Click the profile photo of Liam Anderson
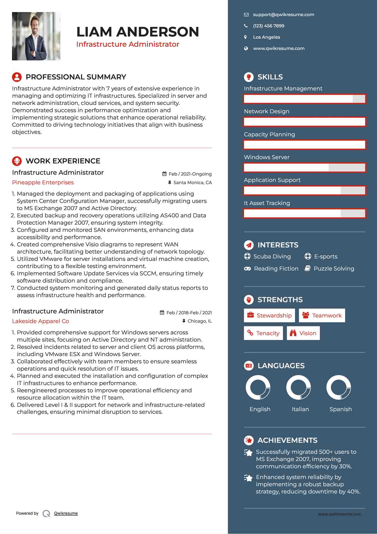(36, 36)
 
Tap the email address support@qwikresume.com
(283, 15)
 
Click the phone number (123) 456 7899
(268, 26)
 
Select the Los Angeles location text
(266, 37)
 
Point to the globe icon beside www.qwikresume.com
(246, 49)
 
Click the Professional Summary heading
(76, 77)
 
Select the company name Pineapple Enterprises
(43, 182)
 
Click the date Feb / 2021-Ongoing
(190, 174)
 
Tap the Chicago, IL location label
(199, 321)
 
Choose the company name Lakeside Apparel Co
(40, 321)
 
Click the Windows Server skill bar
(304, 168)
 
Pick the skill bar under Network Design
(304, 122)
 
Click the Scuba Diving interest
(272, 257)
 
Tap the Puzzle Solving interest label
(334, 269)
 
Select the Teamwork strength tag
(322, 316)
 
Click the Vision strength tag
(303, 333)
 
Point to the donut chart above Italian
(298, 387)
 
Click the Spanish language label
(340, 409)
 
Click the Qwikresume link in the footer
(66, 513)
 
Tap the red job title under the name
(128, 44)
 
